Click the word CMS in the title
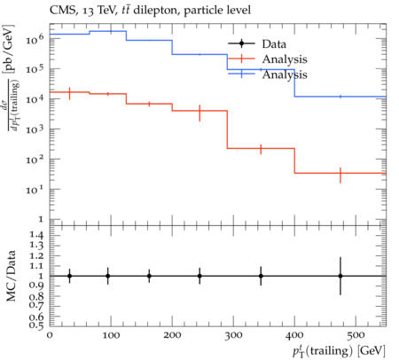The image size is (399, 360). click(x=60, y=11)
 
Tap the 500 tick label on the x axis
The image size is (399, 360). click(x=356, y=335)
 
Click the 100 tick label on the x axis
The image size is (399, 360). click(x=111, y=335)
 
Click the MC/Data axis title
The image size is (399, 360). click(x=11, y=276)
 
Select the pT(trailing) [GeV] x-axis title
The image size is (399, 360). click(x=339, y=351)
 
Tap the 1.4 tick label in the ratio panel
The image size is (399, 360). click(x=36, y=236)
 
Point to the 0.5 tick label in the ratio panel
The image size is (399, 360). click(x=36, y=325)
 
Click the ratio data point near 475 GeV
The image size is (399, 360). click(x=340, y=276)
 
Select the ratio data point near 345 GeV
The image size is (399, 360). click(x=261, y=276)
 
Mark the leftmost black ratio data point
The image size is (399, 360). click(x=69, y=276)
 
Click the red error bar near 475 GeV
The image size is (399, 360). click(x=340, y=175)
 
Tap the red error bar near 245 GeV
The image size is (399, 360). click(x=199, y=113)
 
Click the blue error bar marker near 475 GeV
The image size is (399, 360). click(x=340, y=97)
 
